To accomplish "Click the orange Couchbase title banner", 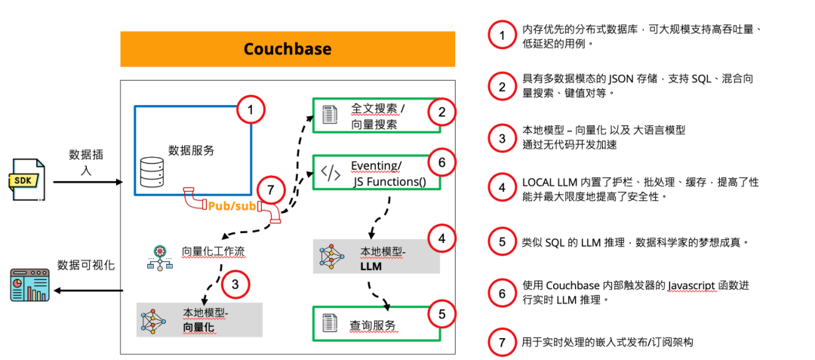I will tap(288, 49).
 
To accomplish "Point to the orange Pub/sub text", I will tap(231, 205).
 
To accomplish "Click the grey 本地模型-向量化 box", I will tap(199, 319).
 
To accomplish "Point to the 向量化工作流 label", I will tap(213, 251).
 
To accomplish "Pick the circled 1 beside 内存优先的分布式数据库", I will tap(501, 35).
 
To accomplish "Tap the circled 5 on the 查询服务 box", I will tap(441, 314).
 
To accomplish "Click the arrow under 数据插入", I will tap(88, 182).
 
